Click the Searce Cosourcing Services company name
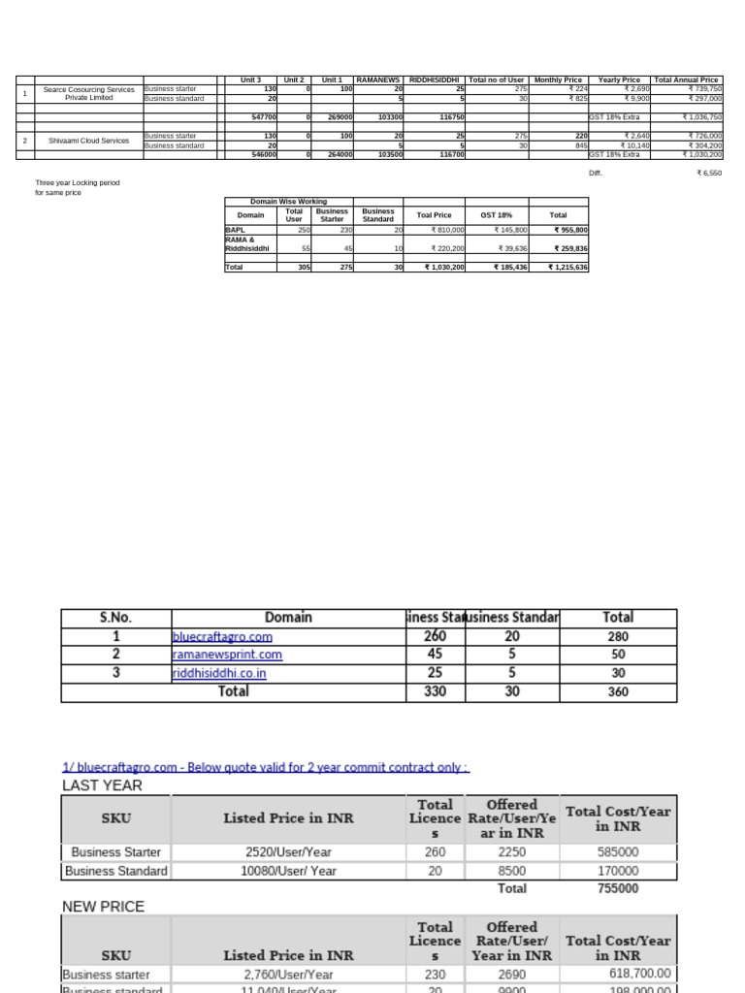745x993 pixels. pos(89,93)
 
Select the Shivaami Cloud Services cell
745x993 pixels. pos(89,141)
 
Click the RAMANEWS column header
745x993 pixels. pos(378,80)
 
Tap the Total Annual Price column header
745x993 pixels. pos(687,80)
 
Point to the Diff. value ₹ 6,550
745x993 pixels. pos(708,173)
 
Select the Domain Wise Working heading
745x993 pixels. pos(289,202)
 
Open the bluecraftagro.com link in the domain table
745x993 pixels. pos(222,637)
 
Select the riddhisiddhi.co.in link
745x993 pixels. pos(219,673)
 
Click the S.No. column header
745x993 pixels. pos(115,617)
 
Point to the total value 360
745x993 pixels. pos(617,692)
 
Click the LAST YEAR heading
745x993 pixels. pos(102,785)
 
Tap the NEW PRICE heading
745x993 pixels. pos(103,907)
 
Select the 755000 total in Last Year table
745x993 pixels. pos(617,888)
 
